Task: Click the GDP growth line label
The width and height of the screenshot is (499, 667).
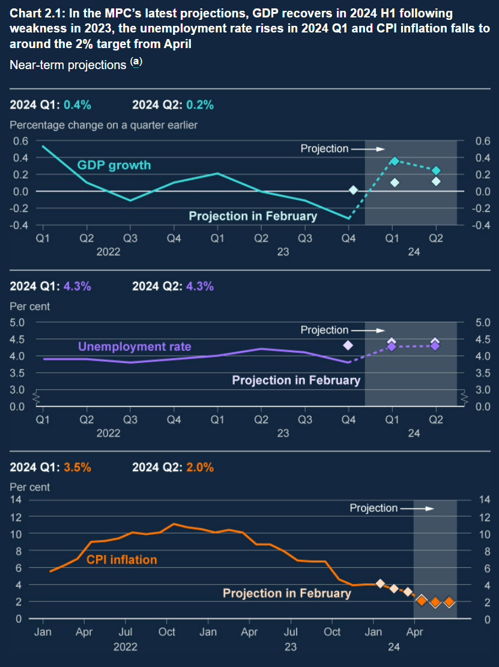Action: (x=114, y=165)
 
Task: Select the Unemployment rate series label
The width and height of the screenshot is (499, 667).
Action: (x=135, y=346)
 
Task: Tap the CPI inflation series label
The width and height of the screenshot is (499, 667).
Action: (x=122, y=559)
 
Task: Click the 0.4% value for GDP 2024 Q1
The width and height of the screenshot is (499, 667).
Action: (x=77, y=105)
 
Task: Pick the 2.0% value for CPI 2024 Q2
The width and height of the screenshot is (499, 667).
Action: (x=200, y=467)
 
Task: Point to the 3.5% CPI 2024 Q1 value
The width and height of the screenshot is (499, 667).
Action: (x=77, y=467)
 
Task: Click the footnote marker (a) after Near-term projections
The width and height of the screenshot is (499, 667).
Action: (x=137, y=62)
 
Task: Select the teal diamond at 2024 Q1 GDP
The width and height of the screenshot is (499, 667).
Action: (x=395, y=160)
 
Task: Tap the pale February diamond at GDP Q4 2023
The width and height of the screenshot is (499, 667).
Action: (x=353, y=190)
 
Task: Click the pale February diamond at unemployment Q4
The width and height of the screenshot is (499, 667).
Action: (x=347, y=345)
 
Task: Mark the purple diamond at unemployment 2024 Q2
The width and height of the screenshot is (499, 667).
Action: (x=435, y=346)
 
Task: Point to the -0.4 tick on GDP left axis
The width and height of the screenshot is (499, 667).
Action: (x=20, y=225)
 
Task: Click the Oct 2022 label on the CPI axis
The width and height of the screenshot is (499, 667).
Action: (x=166, y=632)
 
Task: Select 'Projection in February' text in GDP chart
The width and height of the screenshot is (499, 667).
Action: (x=253, y=216)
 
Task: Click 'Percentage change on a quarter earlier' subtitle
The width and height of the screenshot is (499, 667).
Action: (x=103, y=125)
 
